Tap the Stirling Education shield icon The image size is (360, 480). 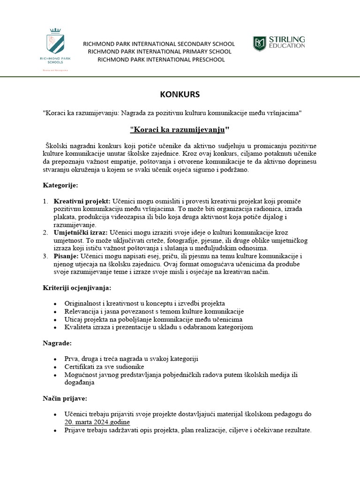[x=259, y=44]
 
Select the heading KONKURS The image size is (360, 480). [x=180, y=94]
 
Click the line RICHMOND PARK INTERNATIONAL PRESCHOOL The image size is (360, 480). [x=161, y=60]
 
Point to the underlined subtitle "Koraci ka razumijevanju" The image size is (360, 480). [x=180, y=129]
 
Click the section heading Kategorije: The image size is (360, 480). [x=60, y=185]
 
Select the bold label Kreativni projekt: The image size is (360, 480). [x=82, y=201]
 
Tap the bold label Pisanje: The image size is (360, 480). [x=66, y=256]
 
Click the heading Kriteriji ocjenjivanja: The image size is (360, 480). [x=77, y=287]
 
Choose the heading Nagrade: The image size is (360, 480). [x=57, y=343]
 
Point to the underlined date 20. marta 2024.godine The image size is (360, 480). [x=97, y=422]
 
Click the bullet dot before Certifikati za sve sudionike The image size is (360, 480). [x=55, y=367]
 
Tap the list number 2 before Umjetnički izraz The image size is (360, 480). [x=45, y=232]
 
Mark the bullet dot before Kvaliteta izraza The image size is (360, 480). [x=55, y=328]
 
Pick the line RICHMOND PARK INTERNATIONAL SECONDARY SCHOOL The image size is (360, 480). [x=159, y=44]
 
